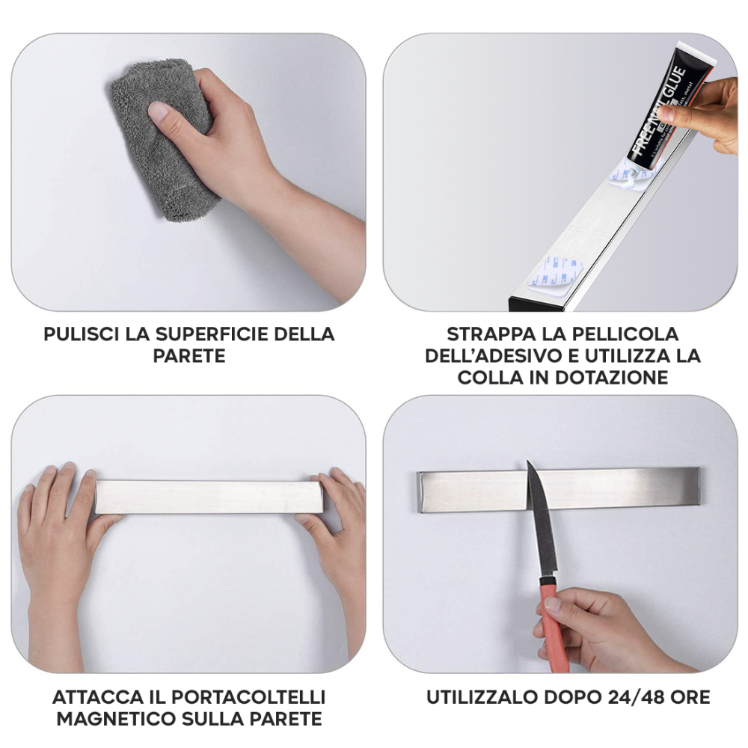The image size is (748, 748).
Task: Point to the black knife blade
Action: (539, 524)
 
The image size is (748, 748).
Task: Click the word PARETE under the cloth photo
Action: (188, 356)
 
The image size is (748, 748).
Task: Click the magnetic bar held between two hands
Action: (206, 496)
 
